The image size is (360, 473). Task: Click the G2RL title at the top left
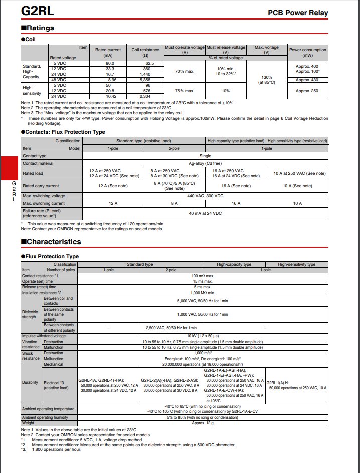coord(37,11)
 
